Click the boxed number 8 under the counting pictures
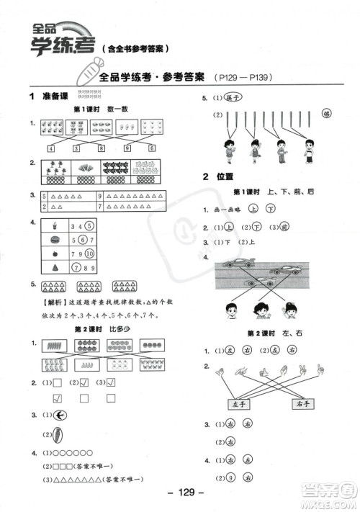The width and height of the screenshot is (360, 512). tap(102, 148)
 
